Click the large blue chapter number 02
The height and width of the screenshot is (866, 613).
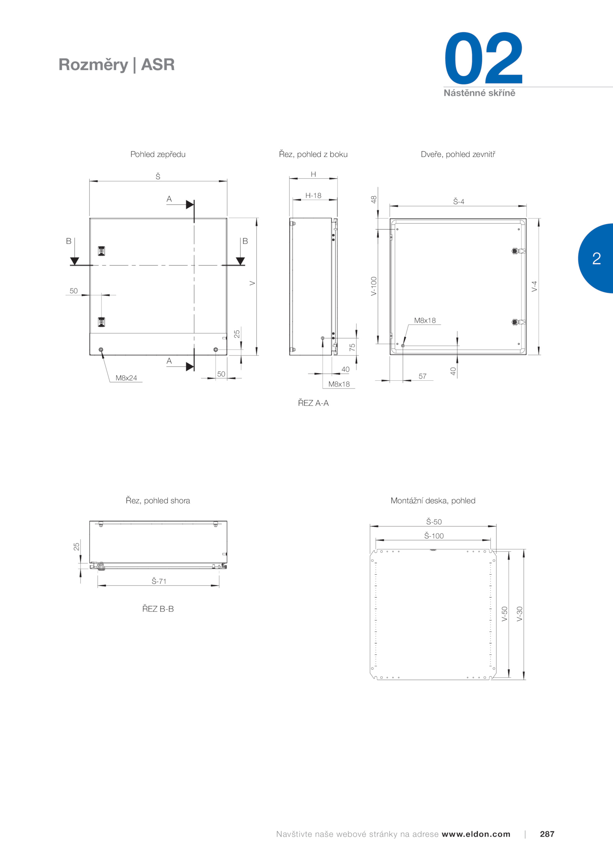pos(484,58)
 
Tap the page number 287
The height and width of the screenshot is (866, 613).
pos(547,834)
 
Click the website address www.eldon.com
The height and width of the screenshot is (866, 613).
pos(476,834)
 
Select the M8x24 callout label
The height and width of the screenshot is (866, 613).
pos(126,378)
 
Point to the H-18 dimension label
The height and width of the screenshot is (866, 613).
pos(313,196)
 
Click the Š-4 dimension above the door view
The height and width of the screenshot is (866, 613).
pos(459,201)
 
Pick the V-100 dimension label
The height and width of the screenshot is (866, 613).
pos(374,286)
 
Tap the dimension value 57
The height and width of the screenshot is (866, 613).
pos(422,376)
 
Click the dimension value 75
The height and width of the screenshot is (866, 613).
pos(352,347)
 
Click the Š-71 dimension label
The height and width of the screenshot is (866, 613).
pos(159,581)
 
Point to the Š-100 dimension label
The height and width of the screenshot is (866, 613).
pos(434,536)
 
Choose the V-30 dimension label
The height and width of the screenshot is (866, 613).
pos(520,614)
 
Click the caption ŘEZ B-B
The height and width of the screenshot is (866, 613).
pos(158,608)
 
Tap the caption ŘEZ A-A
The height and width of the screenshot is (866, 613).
pos(313,403)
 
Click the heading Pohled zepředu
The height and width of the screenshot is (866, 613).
pos(158,154)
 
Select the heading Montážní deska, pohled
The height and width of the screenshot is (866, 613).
pos(433,501)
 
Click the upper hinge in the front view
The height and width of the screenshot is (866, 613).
pos(101,251)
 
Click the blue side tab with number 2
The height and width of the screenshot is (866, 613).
pos(596,258)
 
